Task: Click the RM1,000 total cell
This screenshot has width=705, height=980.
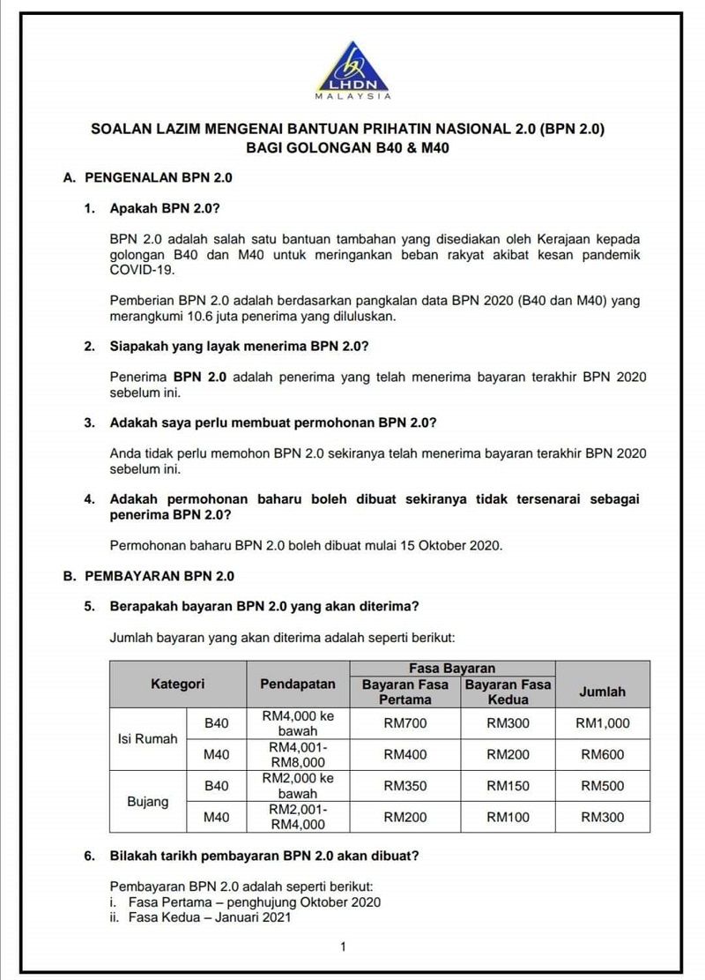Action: point(603,723)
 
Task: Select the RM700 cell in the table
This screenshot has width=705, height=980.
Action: point(405,723)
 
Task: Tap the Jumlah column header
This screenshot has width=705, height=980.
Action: point(603,692)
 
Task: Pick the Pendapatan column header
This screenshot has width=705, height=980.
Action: point(298,684)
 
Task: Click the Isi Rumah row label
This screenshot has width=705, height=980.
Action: point(147,738)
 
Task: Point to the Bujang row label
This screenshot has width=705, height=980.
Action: point(147,802)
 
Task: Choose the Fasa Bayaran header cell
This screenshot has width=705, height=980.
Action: point(452,668)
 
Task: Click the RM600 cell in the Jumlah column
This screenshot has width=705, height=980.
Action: point(603,754)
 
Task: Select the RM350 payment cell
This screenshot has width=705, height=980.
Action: point(405,786)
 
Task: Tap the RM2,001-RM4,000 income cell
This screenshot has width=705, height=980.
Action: point(298,817)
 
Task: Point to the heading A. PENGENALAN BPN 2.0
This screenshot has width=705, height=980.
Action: point(149,177)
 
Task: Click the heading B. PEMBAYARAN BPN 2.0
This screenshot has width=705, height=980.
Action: point(149,577)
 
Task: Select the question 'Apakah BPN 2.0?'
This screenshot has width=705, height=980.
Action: point(164,210)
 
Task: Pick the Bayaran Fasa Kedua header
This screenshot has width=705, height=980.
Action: point(508,692)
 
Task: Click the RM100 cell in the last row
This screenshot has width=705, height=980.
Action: point(508,817)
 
